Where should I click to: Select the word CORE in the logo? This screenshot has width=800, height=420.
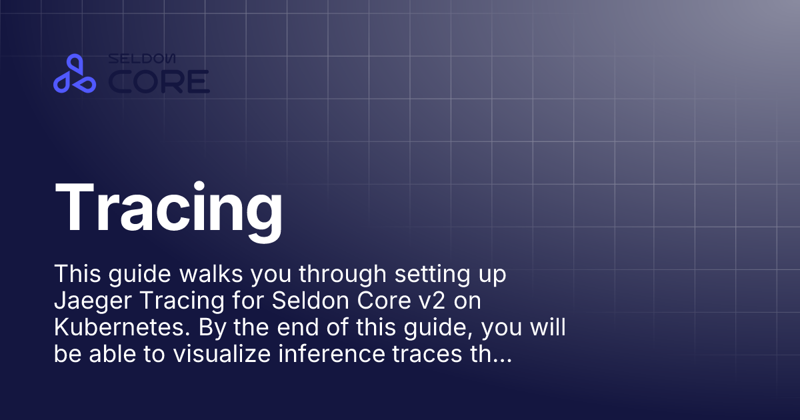[x=159, y=81]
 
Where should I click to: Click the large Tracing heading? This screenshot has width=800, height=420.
[x=169, y=205]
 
